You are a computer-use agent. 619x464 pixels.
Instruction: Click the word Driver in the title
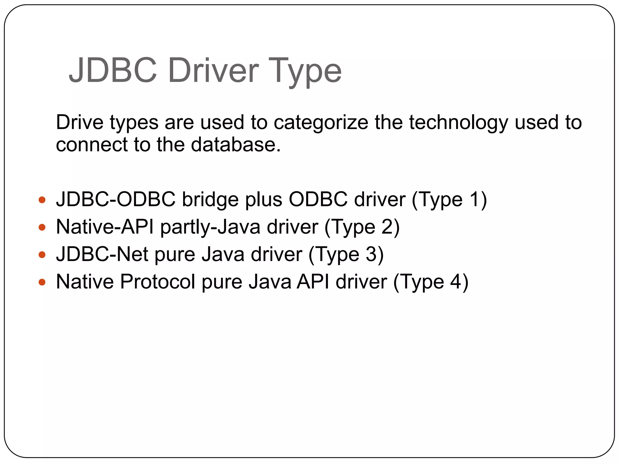tap(213, 70)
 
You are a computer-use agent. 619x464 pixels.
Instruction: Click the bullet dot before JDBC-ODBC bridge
tap(42, 200)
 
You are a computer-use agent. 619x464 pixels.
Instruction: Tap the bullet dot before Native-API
tap(42, 227)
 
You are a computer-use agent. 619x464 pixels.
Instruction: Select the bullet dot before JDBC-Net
tap(42, 255)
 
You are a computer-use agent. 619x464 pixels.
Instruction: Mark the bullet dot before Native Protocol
tap(42, 282)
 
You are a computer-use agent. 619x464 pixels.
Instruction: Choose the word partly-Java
tap(210, 227)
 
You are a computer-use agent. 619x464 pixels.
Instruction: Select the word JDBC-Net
tap(102, 254)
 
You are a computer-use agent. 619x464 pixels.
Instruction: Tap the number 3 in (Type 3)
tap(371, 254)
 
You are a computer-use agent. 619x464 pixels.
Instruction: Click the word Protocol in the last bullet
tap(157, 282)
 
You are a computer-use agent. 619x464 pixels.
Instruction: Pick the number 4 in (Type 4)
tap(455, 282)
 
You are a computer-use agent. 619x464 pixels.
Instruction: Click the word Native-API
tap(105, 227)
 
